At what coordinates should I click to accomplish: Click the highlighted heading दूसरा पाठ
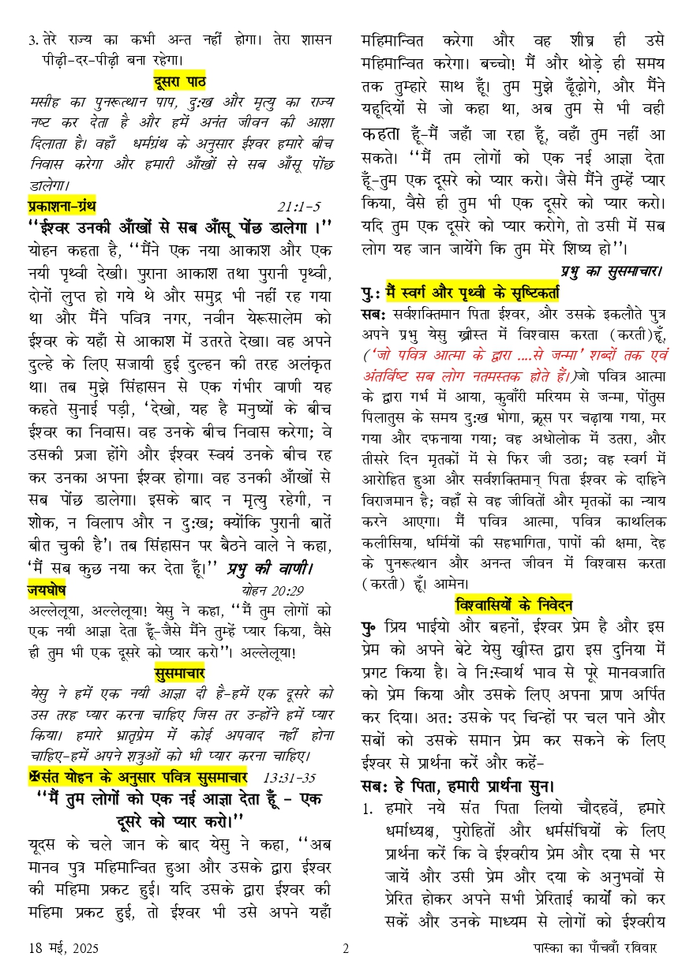pyautogui.click(x=180, y=80)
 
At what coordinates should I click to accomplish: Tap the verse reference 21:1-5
pyautogui.click(x=299, y=207)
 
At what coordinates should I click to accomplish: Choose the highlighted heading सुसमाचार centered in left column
pyautogui.click(x=180, y=672)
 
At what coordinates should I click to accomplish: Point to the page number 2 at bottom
pyautogui.click(x=346, y=949)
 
